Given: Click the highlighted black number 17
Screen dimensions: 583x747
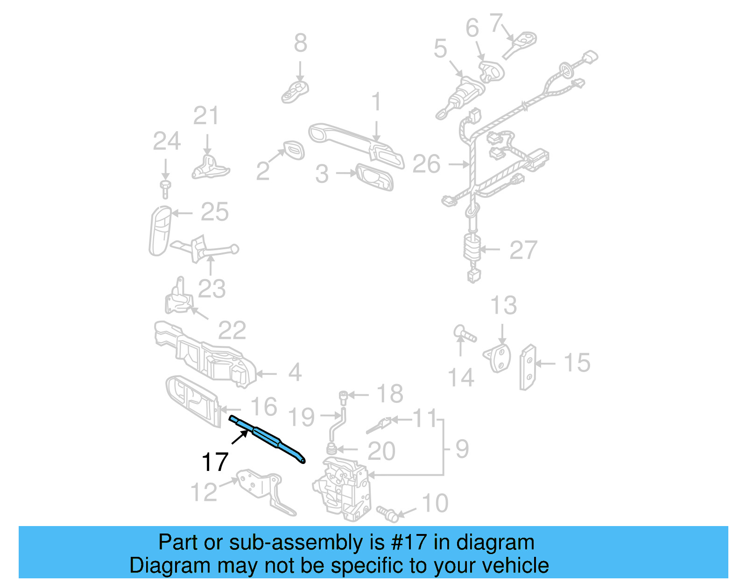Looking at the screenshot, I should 215,462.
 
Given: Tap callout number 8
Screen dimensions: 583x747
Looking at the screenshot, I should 300,43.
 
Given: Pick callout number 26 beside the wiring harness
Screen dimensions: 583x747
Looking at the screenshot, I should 426,164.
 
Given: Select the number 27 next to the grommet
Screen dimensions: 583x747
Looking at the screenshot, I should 523,250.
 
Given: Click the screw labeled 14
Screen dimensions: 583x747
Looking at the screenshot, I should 465,335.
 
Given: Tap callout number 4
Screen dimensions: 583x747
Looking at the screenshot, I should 295,372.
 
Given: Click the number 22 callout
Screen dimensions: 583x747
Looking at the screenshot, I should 232,331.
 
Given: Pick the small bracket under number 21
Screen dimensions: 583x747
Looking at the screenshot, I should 210,169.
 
